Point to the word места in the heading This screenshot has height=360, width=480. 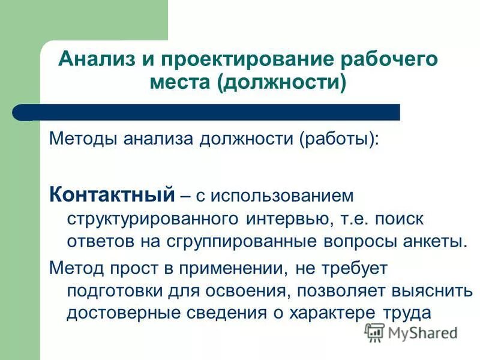(179, 82)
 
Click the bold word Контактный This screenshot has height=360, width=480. (112, 194)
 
